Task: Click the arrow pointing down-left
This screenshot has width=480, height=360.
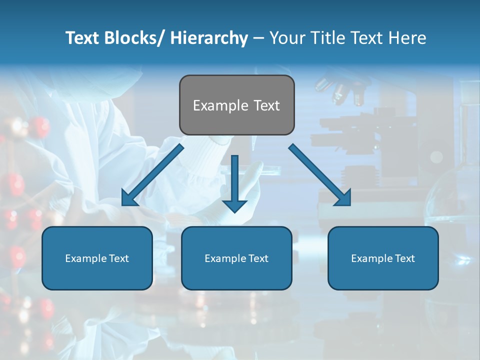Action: (152, 175)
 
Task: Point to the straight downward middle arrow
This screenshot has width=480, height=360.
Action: (234, 182)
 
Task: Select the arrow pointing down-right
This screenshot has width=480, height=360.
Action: (320, 175)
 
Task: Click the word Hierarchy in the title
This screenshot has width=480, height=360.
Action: (209, 38)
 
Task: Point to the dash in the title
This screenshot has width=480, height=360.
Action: (258, 38)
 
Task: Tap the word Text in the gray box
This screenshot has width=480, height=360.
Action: (265, 105)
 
